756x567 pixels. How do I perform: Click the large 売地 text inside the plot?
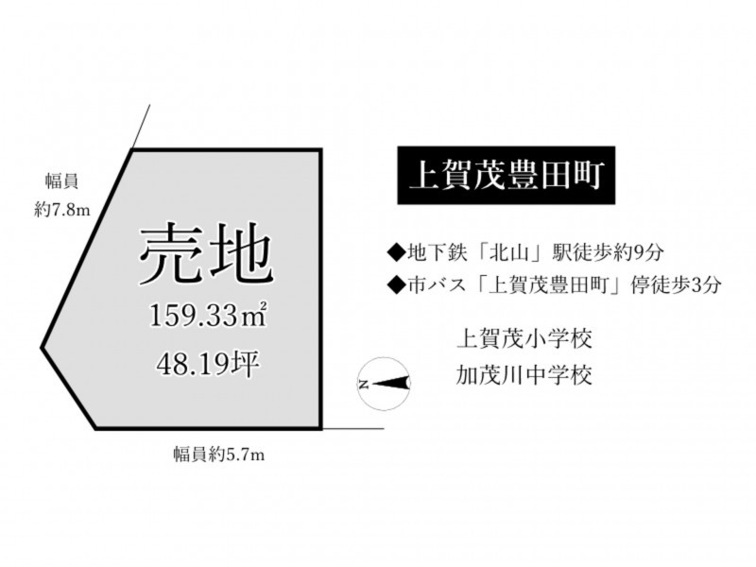point(206,253)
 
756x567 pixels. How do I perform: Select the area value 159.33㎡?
point(208,316)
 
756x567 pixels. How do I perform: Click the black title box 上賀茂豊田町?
point(507,176)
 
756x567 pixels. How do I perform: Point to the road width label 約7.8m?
point(62,210)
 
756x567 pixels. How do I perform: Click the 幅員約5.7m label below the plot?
point(219,455)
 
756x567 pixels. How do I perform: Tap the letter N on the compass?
point(364,385)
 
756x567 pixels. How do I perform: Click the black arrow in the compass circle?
point(390,384)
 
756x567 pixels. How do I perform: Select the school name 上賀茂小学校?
point(524,338)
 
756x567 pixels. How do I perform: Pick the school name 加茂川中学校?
point(524,374)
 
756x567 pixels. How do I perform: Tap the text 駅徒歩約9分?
point(609,252)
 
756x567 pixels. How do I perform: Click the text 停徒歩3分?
point(676,285)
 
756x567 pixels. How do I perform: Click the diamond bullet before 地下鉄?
point(397,253)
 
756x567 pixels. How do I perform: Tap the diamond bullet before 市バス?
point(397,286)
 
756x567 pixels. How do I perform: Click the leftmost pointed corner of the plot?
point(42,347)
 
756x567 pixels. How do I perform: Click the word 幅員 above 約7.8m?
point(61,181)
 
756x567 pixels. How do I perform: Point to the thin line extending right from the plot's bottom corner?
point(352,428)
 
